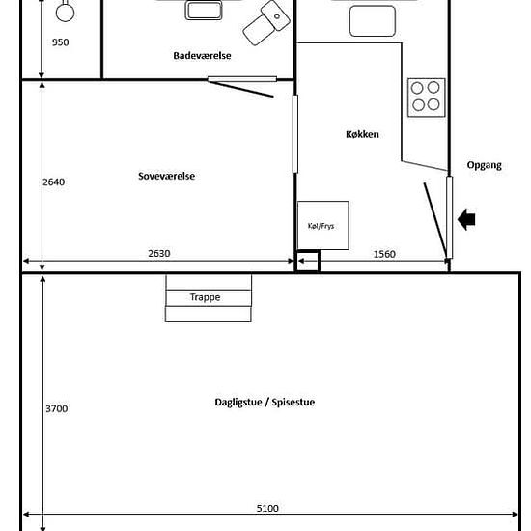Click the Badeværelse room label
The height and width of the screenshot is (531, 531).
pos(202,56)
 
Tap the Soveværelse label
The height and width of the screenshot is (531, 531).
pos(167,176)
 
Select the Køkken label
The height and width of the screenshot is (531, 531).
pos(362,134)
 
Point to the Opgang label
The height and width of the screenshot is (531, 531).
pos(485,165)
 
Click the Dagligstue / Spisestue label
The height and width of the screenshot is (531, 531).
pos(265,402)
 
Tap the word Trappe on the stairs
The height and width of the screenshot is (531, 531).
pos(206,297)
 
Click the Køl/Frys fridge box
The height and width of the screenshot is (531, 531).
pos(323,226)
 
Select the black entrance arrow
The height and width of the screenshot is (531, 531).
pos(466,219)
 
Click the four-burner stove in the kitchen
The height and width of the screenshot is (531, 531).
pos(427,98)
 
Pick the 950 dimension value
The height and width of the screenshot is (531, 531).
pos(60,42)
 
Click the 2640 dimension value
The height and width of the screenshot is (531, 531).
pos(53,182)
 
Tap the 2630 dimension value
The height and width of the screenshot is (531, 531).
pos(159,253)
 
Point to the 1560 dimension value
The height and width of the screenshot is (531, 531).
pos(384,254)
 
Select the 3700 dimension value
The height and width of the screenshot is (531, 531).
pos(57,408)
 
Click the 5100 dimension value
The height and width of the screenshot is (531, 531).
pos(267,508)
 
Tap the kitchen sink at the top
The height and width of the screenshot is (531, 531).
pos(373,20)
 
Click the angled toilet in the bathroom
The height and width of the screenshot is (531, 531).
pos(266,22)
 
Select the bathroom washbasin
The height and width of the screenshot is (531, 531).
pos(204,11)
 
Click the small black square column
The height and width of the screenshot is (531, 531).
pos(308,261)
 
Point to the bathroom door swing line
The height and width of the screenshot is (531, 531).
pos(240,89)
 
